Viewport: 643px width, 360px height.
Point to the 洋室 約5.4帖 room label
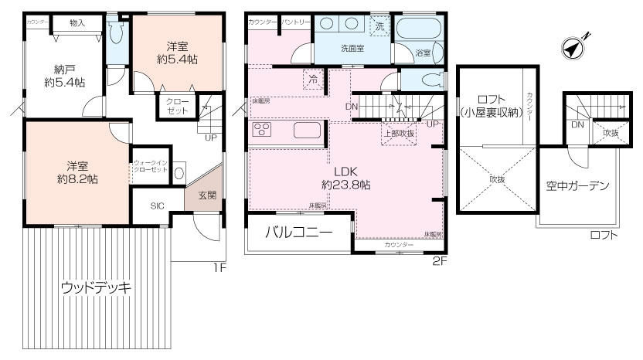(175, 51)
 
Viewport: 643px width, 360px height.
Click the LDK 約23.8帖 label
(345, 178)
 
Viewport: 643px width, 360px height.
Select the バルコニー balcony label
(299, 232)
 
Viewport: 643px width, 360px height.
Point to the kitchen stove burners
(260, 129)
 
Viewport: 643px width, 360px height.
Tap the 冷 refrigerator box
(313, 79)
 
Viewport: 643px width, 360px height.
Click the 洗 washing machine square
(379, 25)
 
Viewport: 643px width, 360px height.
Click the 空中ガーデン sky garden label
(577, 185)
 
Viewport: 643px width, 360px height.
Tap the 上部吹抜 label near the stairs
(400, 133)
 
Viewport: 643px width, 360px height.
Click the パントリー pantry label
(296, 22)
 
